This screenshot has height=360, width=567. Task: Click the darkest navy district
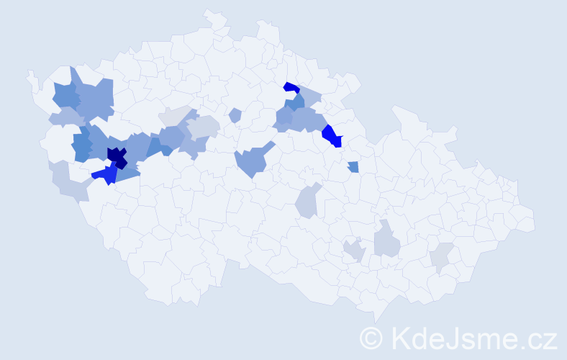pyautogui.click(x=116, y=156)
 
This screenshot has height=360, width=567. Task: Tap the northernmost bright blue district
pyautogui.click(x=291, y=88)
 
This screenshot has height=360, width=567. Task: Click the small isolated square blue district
pyautogui.click(x=353, y=167)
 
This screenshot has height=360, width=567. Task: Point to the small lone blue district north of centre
pyautogui.click(x=235, y=115)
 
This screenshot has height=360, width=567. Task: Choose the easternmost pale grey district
pyautogui.click(x=441, y=257)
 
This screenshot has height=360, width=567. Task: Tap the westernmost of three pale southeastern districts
pyautogui.click(x=353, y=251)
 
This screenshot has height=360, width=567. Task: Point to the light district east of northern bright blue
pyautogui.click(x=309, y=96)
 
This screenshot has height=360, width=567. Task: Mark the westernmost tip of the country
pyautogui.click(x=30, y=73)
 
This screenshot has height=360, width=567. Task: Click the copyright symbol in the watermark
pyautogui.click(x=372, y=338)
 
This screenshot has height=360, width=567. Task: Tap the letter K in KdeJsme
pyautogui.click(x=401, y=338)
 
